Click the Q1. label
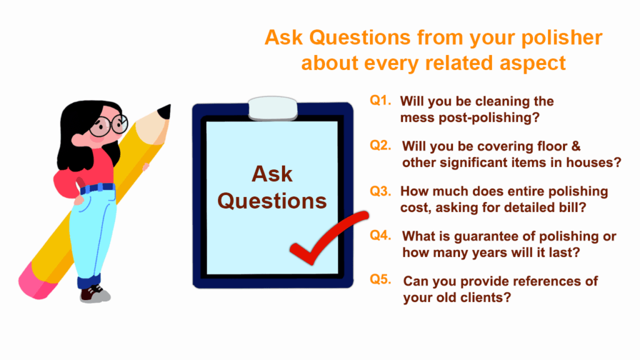pyautogui.click(x=381, y=101)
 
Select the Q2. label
pyautogui.click(x=381, y=145)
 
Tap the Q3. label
pyautogui.click(x=381, y=191)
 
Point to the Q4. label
pyautogui.click(x=381, y=235)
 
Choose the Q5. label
pyautogui.click(x=381, y=279)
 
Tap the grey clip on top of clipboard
pyautogui.click(x=272, y=108)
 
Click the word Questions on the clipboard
pyautogui.click(x=272, y=201)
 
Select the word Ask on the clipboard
pyautogui.click(x=272, y=174)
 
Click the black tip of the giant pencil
pyautogui.click(x=165, y=111)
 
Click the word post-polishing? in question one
pyautogui.click(x=489, y=118)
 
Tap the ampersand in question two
pyautogui.click(x=576, y=146)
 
